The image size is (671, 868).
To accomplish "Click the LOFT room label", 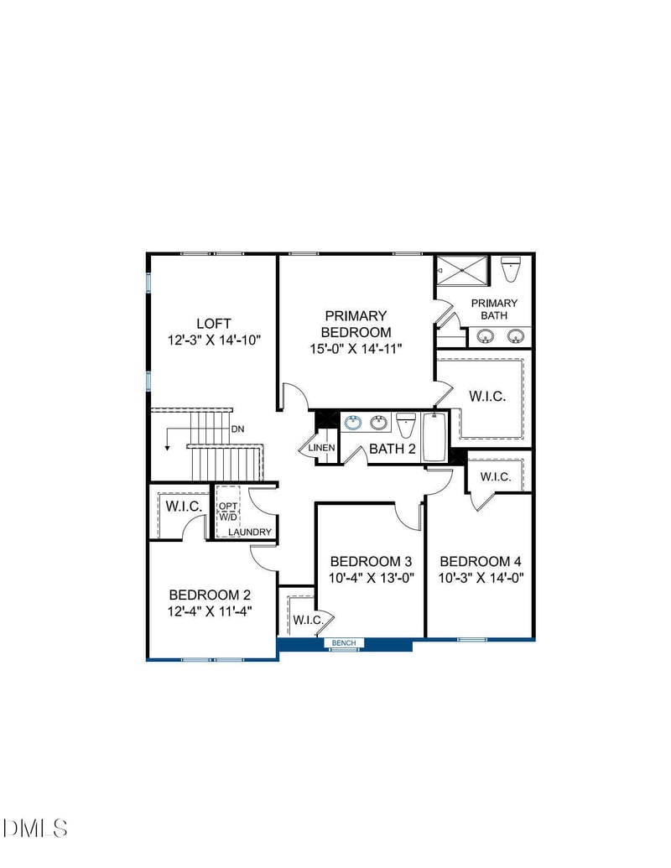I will pyautogui.click(x=213, y=324).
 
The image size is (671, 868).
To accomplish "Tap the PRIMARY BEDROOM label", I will pyautogui.click(x=356, y=324).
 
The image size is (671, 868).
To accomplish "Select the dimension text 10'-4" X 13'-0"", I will pyautogui.click(x=371, y=577).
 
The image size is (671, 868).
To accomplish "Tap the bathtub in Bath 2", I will pyautogui.click(x=434, y=436).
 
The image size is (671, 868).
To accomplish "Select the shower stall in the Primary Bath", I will pyautogui.click(x=461, y=271).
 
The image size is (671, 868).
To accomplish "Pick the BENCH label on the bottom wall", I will pyautogui.click(x=344, y=643).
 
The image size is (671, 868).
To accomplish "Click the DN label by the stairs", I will pyautogui.click(x=238, y=429).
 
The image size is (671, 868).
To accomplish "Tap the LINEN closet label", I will pyautogui.click(x=322, y=448).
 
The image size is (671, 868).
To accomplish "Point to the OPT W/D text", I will pyautogui.click(x=228, y=512).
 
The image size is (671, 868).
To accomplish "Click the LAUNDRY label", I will pyautogui.click(x=249, y=533).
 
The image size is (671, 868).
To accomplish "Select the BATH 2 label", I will pyautogui.click(x=393, y=449).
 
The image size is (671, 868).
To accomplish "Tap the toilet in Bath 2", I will pyautogui.click(x=406, y=424).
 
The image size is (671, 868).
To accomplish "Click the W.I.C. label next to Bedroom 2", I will pyautogui.click(x=182, y=507).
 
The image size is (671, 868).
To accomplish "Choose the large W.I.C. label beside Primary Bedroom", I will pyautogui.click(x=487, y=396).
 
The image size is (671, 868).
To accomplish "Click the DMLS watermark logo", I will pyautogui.click(x=35, y=829).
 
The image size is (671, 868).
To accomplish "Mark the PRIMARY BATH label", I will pyautogui.click(x=494, y=309).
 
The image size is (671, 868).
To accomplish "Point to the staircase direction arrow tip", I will pyautogui.click(x=168, y=449).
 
